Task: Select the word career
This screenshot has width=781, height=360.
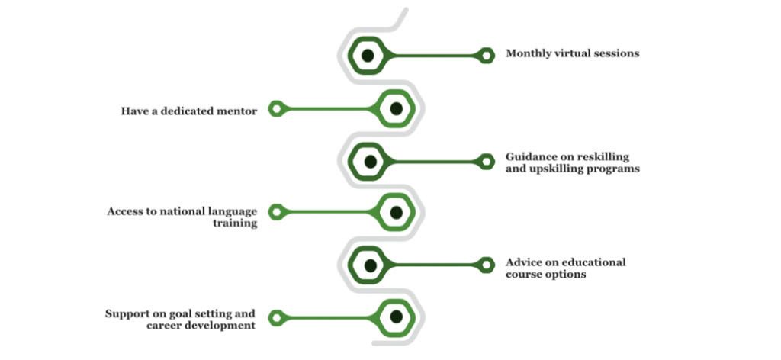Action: click(166, 326)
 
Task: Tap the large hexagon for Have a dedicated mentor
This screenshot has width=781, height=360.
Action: click(395, 109)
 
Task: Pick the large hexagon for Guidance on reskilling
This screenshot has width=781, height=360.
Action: click(368, 161)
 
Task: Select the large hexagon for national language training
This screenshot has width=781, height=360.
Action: click(395, 212)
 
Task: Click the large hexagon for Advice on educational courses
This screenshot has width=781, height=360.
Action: click(368, 265)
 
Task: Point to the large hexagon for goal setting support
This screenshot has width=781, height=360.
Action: click(395, 316)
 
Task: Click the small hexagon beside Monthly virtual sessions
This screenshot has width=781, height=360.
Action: click(486, 55)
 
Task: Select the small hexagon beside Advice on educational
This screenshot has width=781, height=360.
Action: click(486, 265)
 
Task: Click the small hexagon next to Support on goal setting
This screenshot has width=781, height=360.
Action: click(276, 316)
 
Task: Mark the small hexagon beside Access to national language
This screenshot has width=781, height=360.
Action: click(276, 212)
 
